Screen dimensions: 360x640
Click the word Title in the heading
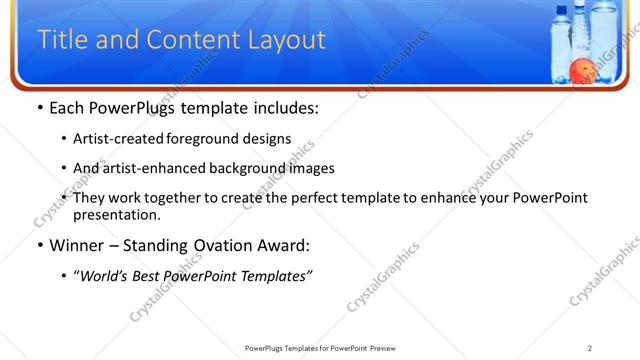click(x=60, y=40)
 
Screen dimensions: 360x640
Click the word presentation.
click(x=116, y=214)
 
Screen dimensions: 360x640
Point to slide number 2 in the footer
click(x=590, y=348)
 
